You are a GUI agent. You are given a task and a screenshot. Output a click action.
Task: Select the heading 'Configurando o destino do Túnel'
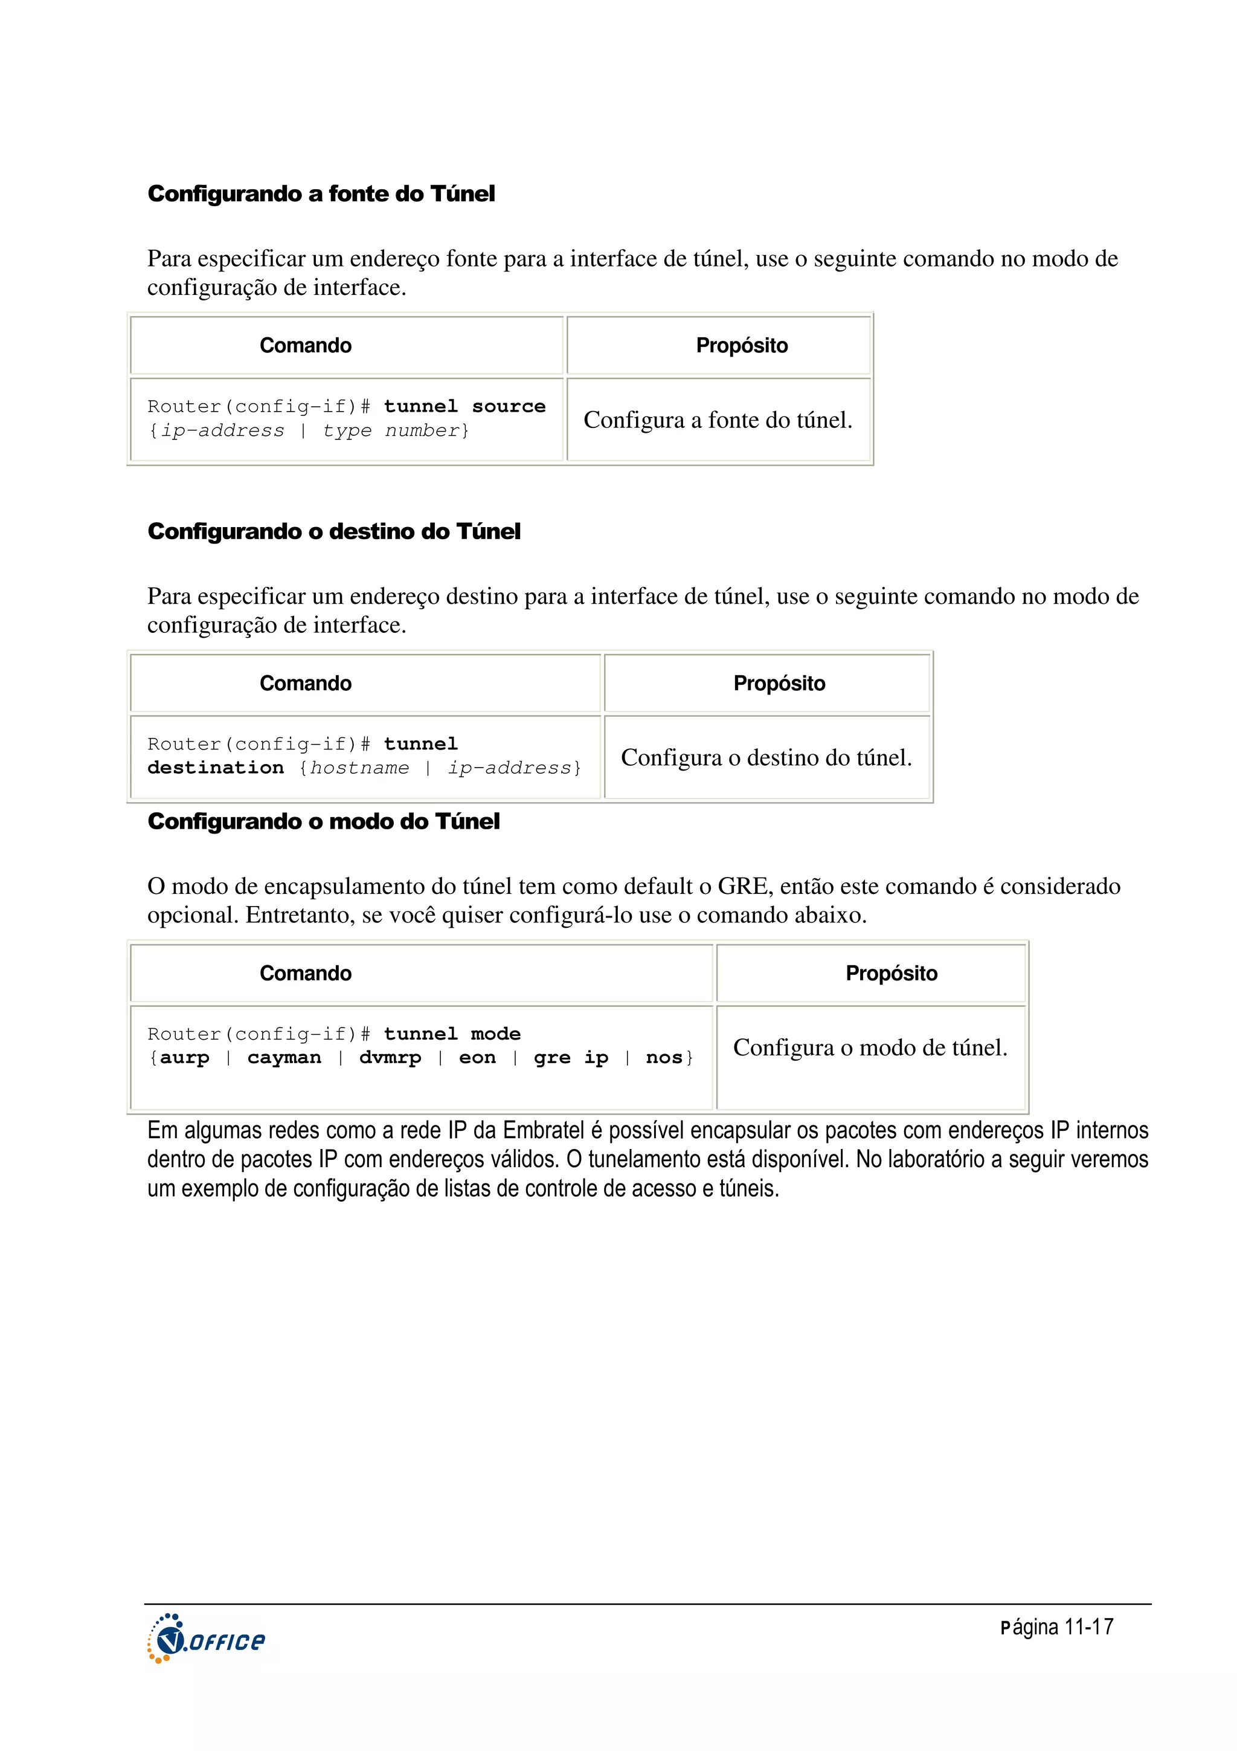(x=334, y=531)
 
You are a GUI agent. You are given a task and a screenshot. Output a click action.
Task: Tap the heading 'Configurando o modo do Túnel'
(x=323, y=821)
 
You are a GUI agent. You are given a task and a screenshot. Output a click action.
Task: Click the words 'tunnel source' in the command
(x=464, y=407)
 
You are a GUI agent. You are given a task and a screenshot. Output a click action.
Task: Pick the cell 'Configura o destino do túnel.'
(x=766, y=758)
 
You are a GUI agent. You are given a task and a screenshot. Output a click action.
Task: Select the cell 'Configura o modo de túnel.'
(x=870, y=1048)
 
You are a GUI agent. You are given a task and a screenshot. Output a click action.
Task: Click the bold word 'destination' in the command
(x=215, y=768)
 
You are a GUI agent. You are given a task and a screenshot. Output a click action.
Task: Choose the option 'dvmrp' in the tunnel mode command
(x=390, y=1058)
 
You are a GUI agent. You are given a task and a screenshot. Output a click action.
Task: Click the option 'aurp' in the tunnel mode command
(x=184, y=1058)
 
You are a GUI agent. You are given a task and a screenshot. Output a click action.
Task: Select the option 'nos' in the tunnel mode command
(x=663, y=1058)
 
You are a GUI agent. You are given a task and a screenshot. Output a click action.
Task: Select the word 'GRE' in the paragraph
(x=742, y=886)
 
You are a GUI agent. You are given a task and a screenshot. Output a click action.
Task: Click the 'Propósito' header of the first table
(x=742, y=346)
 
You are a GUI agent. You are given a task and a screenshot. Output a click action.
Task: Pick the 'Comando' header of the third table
(x=306, y=973)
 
